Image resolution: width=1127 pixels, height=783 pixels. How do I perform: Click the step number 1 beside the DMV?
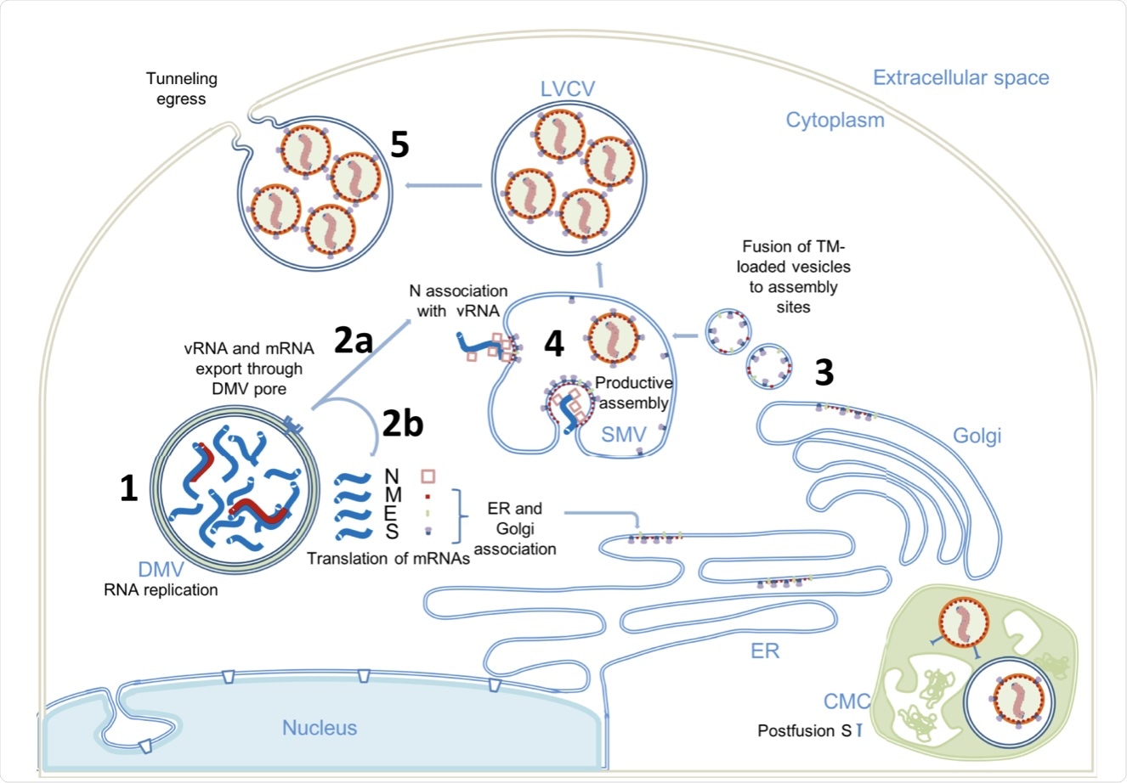tap(128, 488)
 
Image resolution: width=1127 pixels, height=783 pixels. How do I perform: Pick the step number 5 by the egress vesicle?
tap(399, 144)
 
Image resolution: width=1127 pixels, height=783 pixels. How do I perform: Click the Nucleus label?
tap(320, 728)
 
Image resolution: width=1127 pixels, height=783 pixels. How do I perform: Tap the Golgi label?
tap(977, 437)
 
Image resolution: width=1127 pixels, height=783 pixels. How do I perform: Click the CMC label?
tap(847, 701)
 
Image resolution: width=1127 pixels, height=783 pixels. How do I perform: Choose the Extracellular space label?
tap(960, 78)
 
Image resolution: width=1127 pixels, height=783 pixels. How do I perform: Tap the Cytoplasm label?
tap(835, 120)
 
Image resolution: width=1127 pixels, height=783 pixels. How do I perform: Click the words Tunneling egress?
tap(181, 88)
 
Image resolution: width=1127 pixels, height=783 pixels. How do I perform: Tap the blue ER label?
tap(765, 651)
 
